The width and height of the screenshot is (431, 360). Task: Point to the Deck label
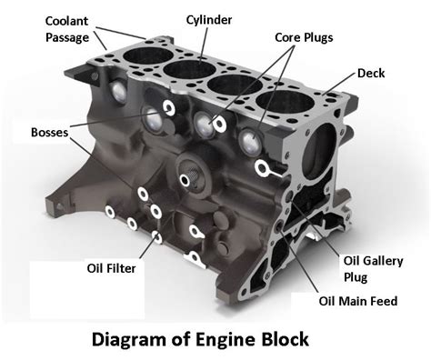372,73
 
